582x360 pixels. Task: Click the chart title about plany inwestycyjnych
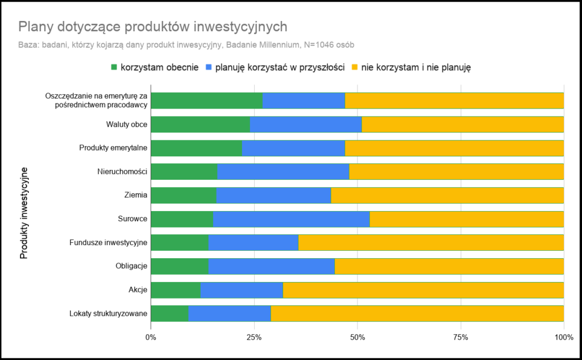(x=152, y=27)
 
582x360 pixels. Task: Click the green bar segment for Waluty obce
(x=200, y=124)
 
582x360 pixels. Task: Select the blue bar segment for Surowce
(x=291, y=219)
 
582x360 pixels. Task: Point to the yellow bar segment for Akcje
(x=423, y=290)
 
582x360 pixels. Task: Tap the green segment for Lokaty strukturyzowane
(x=169, y=313)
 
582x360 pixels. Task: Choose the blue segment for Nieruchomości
(x=283, y=172)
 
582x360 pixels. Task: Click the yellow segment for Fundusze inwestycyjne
(x=431, y=243)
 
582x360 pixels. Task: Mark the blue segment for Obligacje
(x=272, y=266)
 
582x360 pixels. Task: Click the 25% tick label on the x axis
(x=254, y=338)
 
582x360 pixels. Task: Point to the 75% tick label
(x=460, y=338)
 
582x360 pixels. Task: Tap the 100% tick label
(x=564, y=338)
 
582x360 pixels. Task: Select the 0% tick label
(x=151, y=338)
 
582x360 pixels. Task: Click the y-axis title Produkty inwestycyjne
(x=24, y=213)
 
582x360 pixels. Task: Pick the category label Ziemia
(x=136, y=195)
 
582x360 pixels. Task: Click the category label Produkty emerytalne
(x=114, y=148)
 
